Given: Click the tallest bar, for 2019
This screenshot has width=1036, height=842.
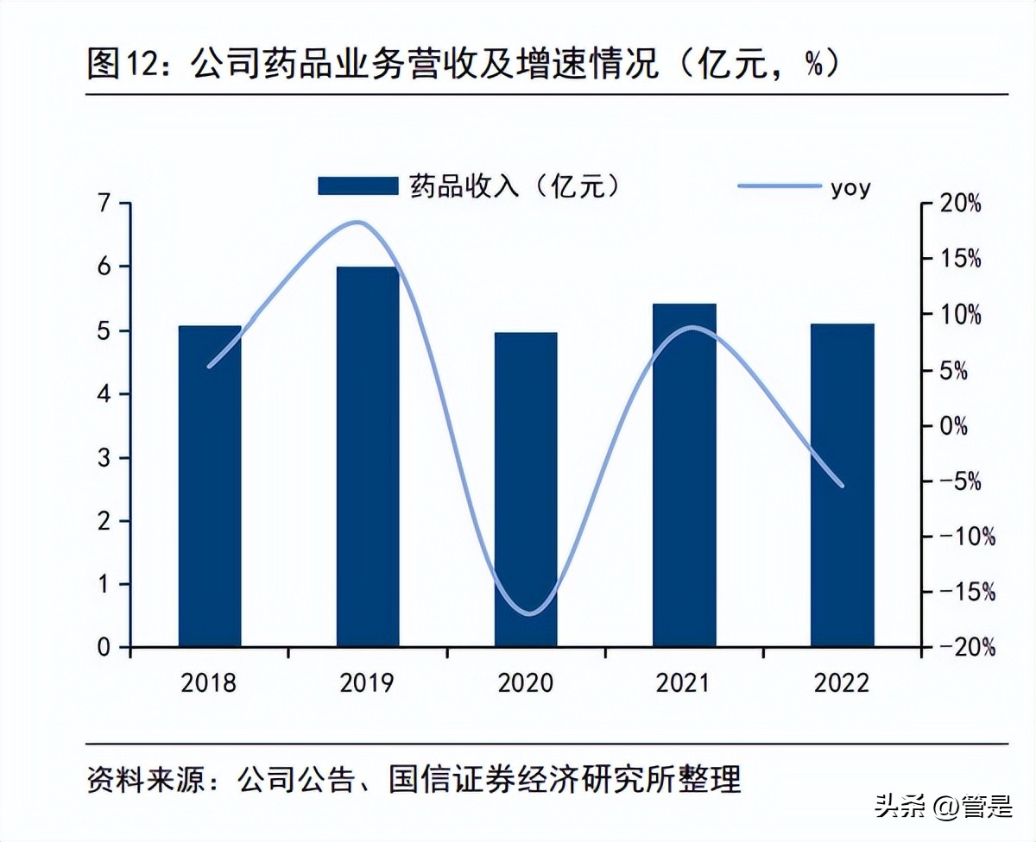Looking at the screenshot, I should tap(368, 456).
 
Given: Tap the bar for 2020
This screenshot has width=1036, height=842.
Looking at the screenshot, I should tap(526, 489).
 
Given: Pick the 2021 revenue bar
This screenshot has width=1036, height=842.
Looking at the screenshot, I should tap(685, 475).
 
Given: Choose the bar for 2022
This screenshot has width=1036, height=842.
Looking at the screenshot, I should tap(843, 485).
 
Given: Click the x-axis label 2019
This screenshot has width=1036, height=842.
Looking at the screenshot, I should tap(368, 684).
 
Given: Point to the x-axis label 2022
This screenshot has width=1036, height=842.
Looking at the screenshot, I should tap(843, 684).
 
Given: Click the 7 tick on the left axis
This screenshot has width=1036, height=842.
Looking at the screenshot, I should tap(104, 204).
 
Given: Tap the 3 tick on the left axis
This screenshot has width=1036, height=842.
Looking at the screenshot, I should tap(104, 458).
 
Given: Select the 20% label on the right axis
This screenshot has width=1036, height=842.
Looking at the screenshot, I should tap(961, 204).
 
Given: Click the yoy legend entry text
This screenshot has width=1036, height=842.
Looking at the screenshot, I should tap(850, 186).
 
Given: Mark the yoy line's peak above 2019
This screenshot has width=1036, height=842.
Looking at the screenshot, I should tap(358, 223).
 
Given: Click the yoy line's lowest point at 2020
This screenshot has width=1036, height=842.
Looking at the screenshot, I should tap(528, 614).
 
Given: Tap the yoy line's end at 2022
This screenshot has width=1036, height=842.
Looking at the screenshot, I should tap(842, 486).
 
